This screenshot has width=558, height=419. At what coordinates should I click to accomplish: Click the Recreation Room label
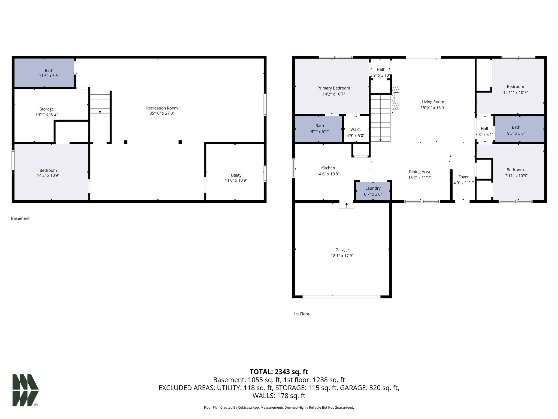point(162,108)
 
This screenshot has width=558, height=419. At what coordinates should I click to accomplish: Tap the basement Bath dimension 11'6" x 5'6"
point(49,76)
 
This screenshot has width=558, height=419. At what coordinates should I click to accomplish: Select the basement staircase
point(100,101)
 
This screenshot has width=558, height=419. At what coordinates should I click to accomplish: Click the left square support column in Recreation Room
point(126,142)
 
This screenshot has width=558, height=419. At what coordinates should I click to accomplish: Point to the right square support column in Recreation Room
point(180,142)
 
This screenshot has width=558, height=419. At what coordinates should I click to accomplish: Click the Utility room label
point(236,175)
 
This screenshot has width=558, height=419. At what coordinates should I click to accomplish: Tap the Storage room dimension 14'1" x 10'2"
point(47,114)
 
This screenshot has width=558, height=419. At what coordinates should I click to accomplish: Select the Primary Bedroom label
point(333,88)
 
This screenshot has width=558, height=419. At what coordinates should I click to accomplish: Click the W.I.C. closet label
point(355,130)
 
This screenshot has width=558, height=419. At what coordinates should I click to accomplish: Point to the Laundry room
point(373,191)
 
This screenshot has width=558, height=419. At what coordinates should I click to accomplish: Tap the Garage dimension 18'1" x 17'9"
point(342,256)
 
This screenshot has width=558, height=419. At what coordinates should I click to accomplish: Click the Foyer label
point(463,177)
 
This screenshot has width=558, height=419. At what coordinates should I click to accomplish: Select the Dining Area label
point(419,172)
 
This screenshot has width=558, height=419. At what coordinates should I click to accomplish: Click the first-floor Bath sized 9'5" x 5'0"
point(516,130)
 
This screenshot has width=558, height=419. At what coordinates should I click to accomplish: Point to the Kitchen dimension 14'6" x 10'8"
point(328,174)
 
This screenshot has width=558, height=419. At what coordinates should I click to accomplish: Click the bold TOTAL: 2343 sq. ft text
point(279,372)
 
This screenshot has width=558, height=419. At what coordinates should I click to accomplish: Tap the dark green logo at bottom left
point(25,390)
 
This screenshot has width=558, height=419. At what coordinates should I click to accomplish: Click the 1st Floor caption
point(301,314)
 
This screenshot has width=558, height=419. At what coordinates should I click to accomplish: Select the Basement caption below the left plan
point(20,219)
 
